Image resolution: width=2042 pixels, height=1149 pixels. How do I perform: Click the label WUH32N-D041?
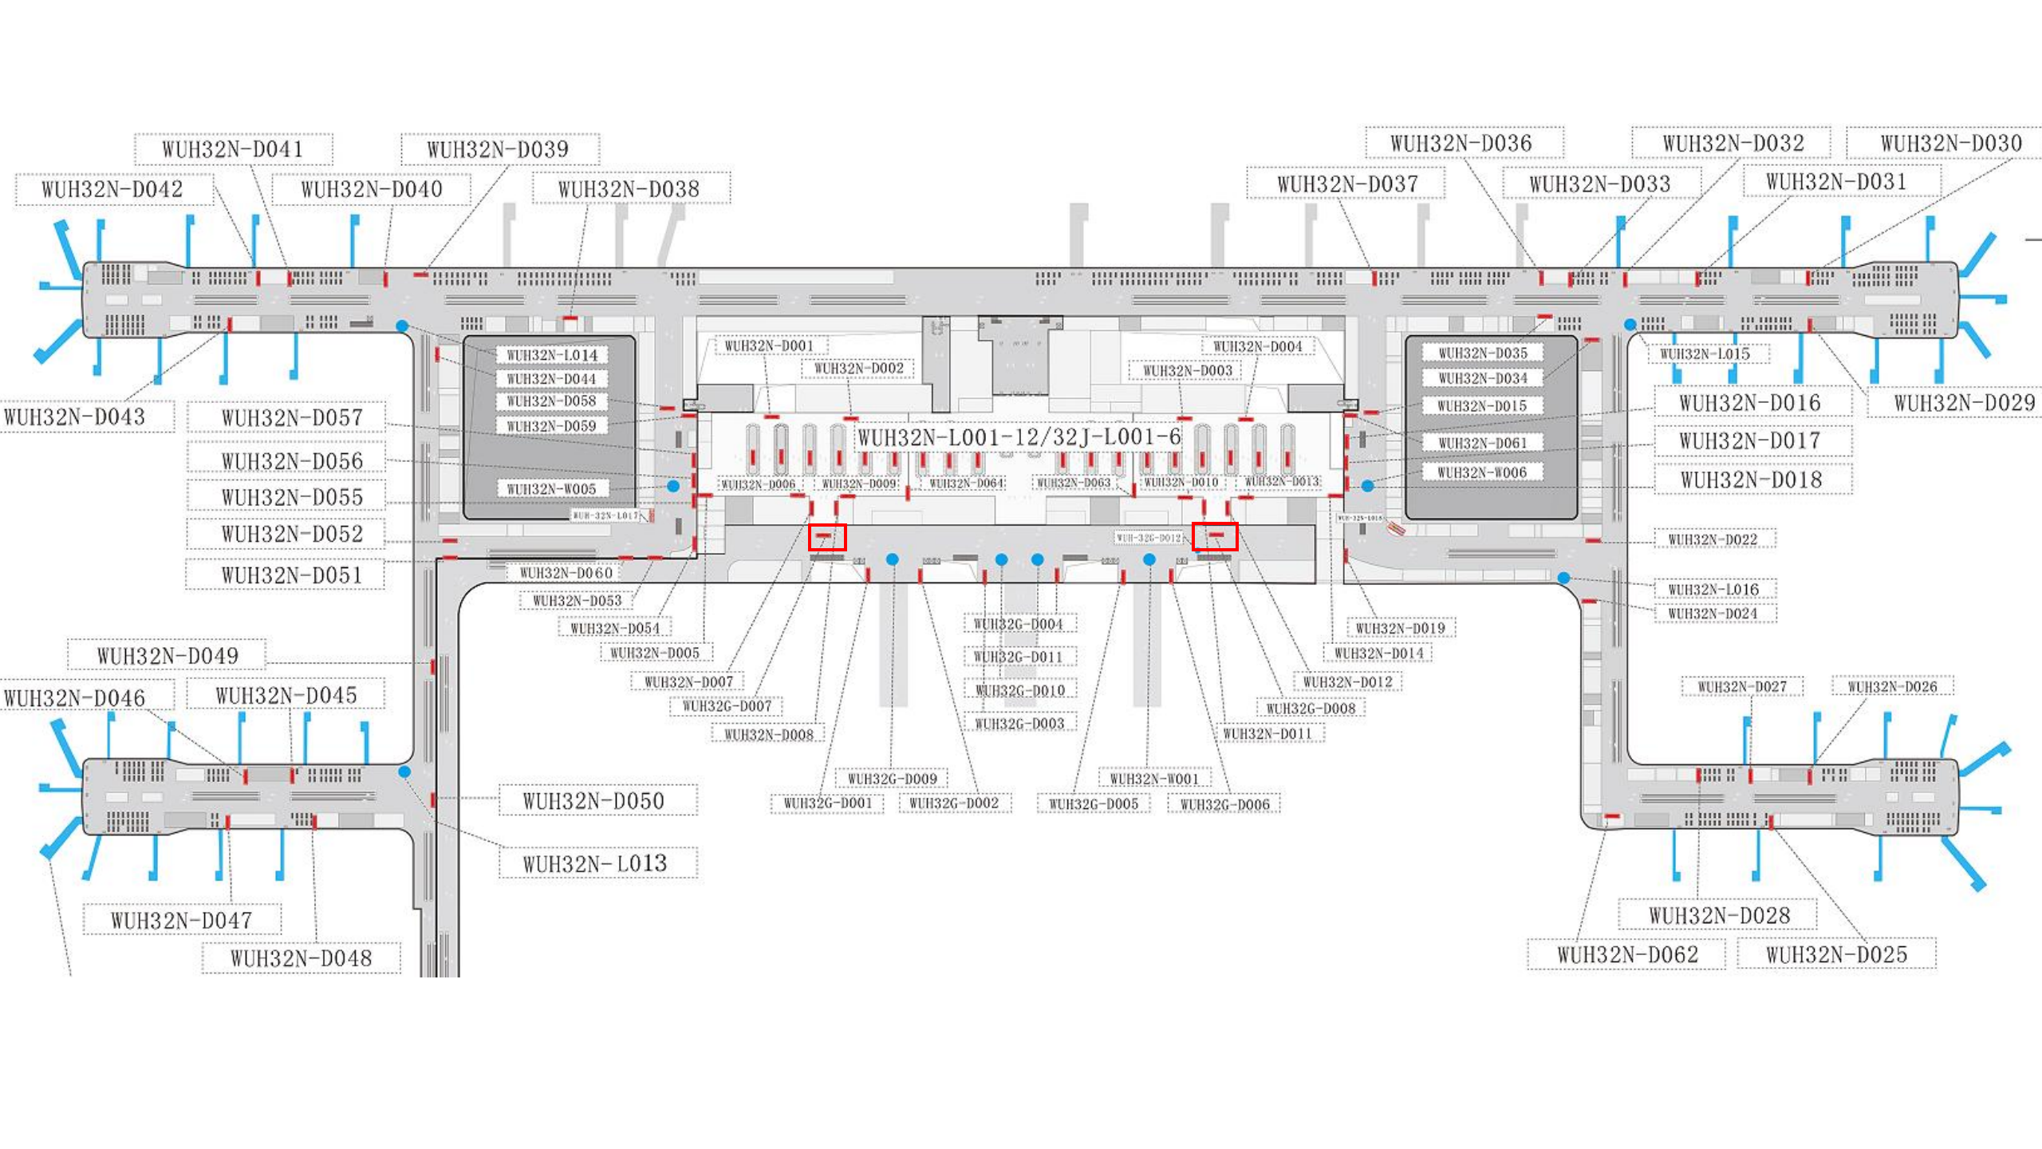(x=233, y=149)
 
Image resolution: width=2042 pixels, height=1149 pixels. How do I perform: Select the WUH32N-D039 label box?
(x=499, y=149)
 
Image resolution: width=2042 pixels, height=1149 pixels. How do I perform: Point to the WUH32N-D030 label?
(x=1951, y=144)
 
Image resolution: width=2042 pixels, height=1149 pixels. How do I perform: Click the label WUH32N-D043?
(x=75, y=417)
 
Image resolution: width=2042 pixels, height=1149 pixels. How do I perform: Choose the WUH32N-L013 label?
(x=595, y=863)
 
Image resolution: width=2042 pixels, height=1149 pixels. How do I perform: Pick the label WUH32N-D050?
(x=594, y=801)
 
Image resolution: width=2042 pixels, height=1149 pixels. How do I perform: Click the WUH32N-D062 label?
(x=1627, y=955)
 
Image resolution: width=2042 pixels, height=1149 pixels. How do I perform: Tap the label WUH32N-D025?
(x=1836, y=955)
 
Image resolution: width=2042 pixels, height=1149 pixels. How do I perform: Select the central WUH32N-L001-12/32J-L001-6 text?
(x=1019, y=437)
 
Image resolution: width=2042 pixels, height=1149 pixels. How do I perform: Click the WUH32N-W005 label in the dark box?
(x=552, y=489)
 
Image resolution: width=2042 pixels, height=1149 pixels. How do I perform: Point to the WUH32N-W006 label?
(x=1482, y=473)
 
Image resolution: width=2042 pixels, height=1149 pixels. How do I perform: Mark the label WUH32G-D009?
(x=893, y=779)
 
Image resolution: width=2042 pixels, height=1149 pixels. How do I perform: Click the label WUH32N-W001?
(x=1154, y=779)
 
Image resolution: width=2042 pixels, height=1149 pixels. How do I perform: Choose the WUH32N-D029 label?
(x=1965, y=403)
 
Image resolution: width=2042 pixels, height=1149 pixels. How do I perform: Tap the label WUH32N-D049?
(x=168, y=656)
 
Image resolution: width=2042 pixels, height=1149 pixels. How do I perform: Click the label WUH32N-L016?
(x=1713, y=590)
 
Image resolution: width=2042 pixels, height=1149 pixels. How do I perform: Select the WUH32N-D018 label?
(x=1752, y=480)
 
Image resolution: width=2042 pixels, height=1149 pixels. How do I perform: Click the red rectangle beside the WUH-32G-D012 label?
(x=1215, y=537)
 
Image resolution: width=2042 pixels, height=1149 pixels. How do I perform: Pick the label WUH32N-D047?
(x=182, y=921)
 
